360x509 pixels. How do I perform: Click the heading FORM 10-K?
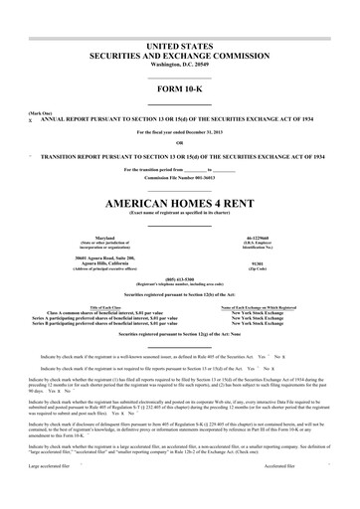coord(180,95)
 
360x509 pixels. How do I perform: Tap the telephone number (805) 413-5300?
coord(180,278)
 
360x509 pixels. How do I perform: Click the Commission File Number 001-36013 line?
coord(180,177)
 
